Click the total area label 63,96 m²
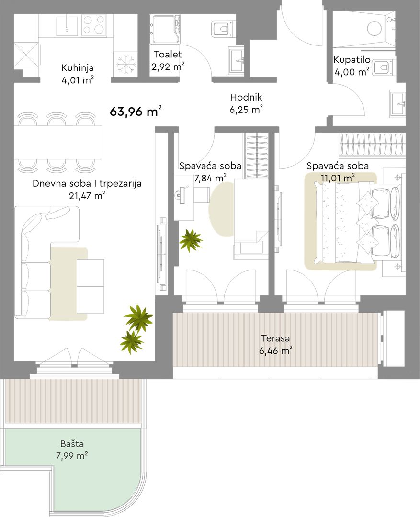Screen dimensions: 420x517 click(x=136, y=112)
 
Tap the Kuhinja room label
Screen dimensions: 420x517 click(x=78, y=68)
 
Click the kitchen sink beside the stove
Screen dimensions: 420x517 click(x=68, y=25)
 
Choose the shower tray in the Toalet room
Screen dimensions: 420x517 click(x=165, y=29)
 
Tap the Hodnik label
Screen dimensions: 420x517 click(x=246, y=97)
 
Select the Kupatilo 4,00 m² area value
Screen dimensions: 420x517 click(x=352, y=72)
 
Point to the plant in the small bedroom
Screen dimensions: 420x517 click(x=191, y=241)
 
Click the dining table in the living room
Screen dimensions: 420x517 click(x=58, y=142)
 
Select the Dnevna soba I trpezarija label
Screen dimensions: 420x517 click(x=87, y=183)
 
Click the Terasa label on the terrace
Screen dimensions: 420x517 click(x=275, y=338)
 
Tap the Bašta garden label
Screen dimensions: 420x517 click(x=72, y=444)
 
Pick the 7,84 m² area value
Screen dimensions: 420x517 click(x=210, y=179)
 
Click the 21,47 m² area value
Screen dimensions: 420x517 click(x=87, y=196)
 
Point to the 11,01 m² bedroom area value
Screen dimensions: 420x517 click(x=338, y=179)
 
